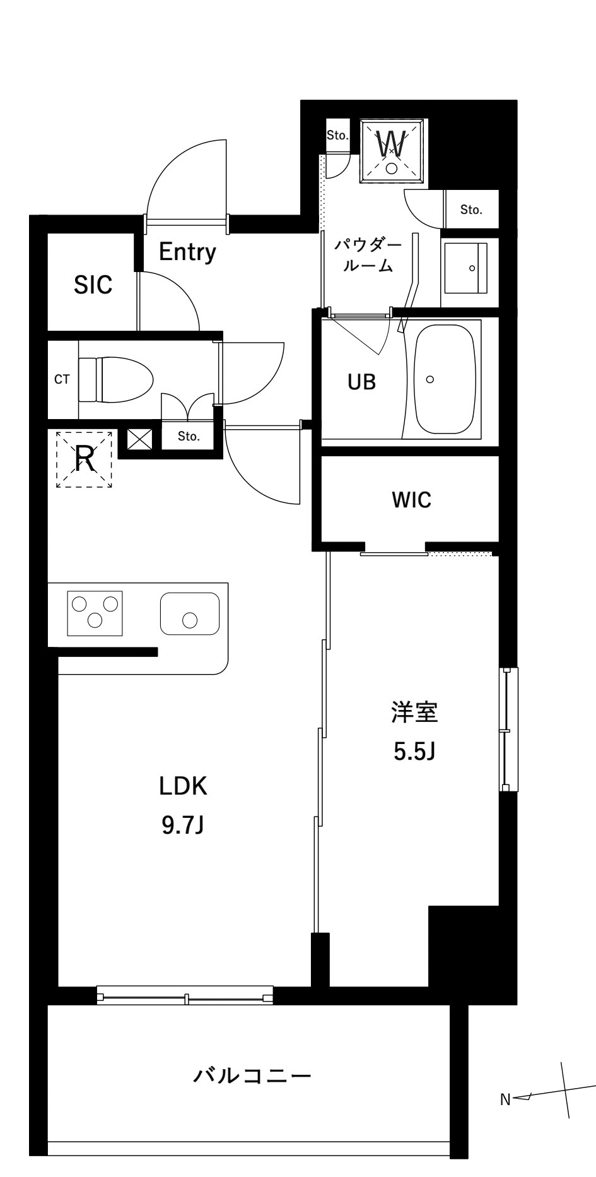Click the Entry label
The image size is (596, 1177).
[x=187, y=252]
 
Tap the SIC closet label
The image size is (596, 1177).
[x=93, y=285]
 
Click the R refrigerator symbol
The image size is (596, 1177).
[x=85, y=459]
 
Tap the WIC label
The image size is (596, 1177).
[x=411, y=500]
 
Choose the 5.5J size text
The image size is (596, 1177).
[x=414, y=751]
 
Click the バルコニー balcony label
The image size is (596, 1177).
[x=252, y=1075]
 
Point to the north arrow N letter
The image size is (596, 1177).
[x=505, y=1099]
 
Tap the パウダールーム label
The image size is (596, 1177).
[x=368, y=255]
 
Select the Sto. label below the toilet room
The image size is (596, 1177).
[x=188, y=436]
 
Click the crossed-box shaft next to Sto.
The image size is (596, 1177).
[x=139, y=439]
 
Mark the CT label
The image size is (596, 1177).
[x=62, y=379]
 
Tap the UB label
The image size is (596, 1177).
[x=361, y=381]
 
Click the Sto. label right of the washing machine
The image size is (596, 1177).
[x=470, y=210]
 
